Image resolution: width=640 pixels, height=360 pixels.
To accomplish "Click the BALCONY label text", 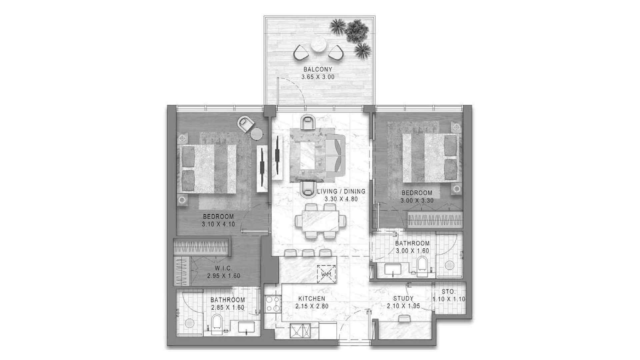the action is pos(318,70).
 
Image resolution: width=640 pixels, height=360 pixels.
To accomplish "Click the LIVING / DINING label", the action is pos(341,192).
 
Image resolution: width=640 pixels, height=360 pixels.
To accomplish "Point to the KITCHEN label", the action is pos(312,299).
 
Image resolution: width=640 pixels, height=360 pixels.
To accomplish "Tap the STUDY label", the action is pos(403,298).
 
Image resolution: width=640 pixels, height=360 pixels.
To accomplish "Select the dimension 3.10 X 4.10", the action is pos(218,224).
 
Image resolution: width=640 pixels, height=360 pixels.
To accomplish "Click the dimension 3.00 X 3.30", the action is pos(417,201).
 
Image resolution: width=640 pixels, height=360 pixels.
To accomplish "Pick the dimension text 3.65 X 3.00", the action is pos(318,77).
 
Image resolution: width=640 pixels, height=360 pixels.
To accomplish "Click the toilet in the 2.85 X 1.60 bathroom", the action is pos(217,323).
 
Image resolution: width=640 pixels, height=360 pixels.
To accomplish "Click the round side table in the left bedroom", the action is pos(256,134).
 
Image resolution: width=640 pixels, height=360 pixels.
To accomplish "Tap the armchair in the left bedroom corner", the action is pos(246,124).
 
